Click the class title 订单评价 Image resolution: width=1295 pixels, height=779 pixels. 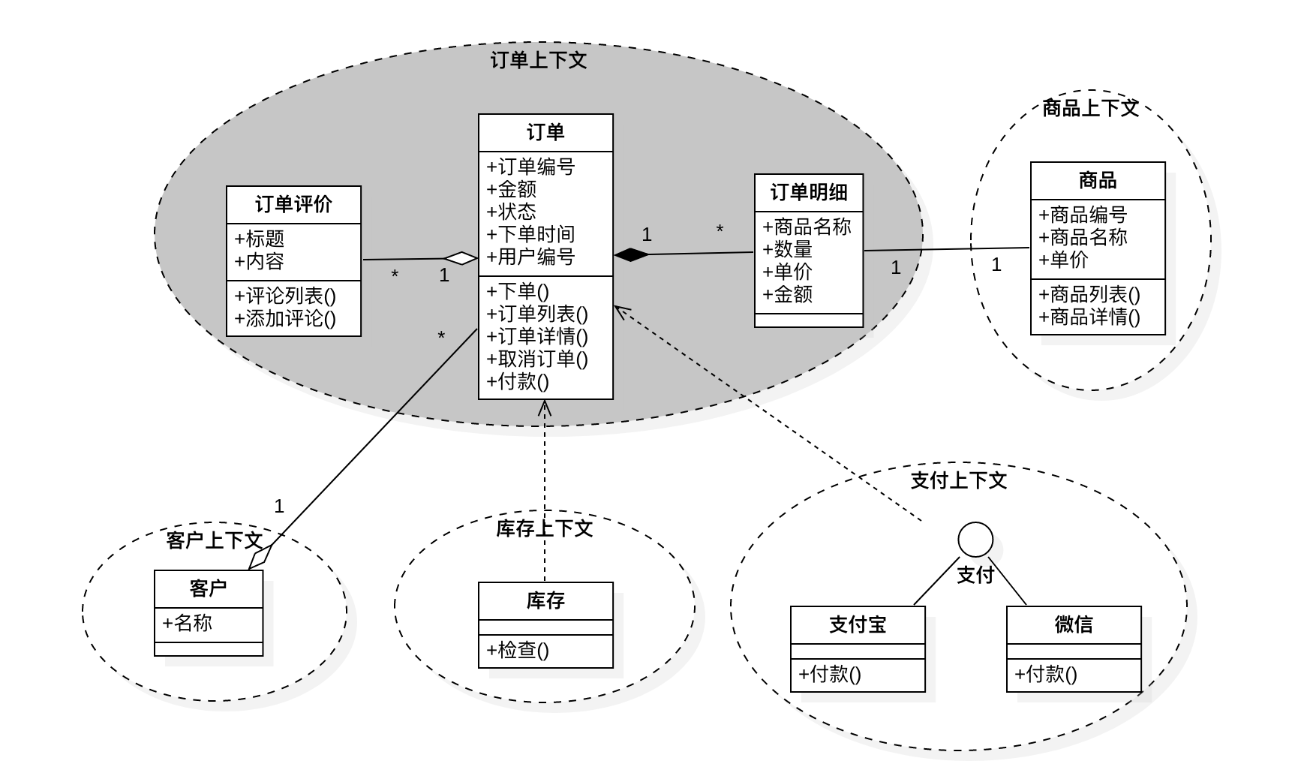293,205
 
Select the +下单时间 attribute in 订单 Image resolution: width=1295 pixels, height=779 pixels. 530,235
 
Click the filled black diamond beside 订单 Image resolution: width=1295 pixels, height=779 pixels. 632,254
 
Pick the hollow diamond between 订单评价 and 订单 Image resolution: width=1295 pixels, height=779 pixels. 460,259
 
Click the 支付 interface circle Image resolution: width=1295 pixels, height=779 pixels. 975,540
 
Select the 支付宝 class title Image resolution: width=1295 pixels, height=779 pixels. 858,624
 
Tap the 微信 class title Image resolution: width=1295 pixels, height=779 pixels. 1074,624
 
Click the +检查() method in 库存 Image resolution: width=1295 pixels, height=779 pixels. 518,650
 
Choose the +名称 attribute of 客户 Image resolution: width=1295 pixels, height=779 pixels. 188,623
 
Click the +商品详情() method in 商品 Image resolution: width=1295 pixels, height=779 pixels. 1089,317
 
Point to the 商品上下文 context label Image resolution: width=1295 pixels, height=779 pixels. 1090,108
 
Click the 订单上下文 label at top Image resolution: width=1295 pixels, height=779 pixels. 539,60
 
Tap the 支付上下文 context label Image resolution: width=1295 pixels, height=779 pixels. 959,480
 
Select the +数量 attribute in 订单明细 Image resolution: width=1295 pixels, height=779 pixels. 788,249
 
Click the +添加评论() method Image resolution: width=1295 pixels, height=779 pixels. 285,319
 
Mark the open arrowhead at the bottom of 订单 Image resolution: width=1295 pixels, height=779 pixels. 545,408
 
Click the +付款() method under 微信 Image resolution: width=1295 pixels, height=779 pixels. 1046,674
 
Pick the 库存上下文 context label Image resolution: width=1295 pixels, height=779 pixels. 545,528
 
